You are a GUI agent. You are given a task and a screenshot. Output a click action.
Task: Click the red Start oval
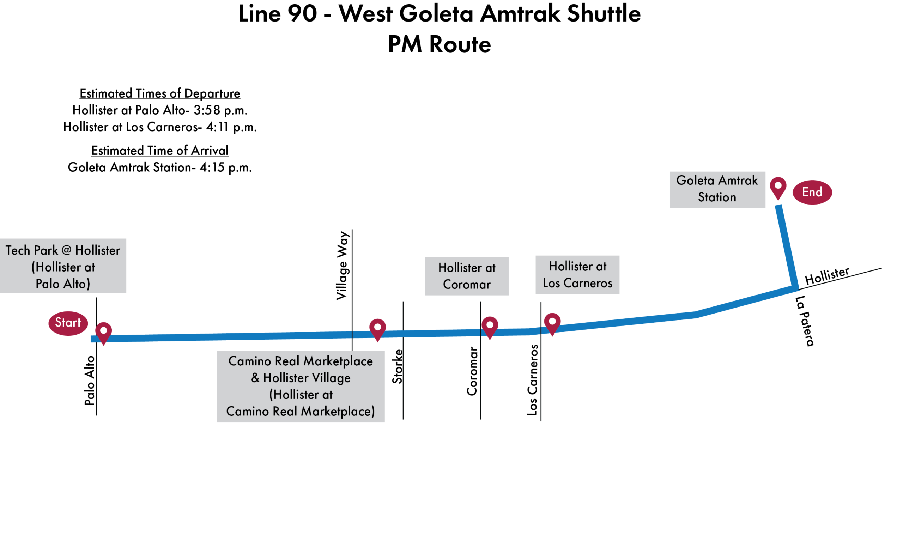[x=68, y=323]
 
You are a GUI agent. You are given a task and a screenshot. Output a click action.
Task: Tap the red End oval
[x=812, y=192]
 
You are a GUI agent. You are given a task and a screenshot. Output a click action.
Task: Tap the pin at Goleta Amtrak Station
[x=777, y=187]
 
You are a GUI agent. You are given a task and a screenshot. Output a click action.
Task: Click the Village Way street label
[x=342, y=266]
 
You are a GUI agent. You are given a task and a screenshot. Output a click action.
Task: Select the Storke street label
[x=397, y=366]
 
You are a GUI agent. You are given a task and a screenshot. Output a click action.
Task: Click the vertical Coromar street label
[x=472, y=371]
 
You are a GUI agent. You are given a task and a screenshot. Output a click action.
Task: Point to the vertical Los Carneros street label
[x=532, y=380]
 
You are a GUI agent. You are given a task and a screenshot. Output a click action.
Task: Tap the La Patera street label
[x=805, y=321]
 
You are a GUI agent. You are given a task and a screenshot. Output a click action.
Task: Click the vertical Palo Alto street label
[x=90, y=381]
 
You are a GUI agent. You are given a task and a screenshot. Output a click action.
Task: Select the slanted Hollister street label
[x=826, y=275]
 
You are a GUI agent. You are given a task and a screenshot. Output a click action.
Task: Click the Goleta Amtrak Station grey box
[x=717, y=189]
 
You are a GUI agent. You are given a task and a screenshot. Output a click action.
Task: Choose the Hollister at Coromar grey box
[x=466, y=276]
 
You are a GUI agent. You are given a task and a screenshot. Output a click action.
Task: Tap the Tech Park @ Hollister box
[x=63, y=266]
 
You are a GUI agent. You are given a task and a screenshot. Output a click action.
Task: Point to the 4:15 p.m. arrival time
[x=225, y=168]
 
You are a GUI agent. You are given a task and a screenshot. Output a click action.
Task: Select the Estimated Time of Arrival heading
[x=160, y=150]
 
